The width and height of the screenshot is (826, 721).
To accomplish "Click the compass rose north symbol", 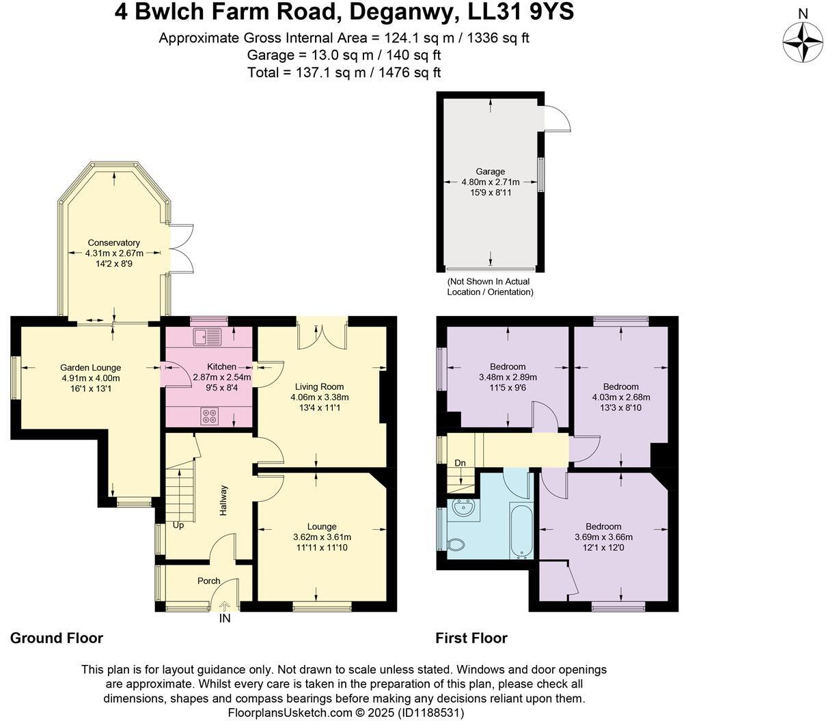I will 803,42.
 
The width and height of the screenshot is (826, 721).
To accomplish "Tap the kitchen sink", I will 208,336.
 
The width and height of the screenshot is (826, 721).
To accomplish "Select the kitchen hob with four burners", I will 209,416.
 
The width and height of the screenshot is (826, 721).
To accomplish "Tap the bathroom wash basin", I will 460,507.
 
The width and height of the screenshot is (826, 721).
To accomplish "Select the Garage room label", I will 491,171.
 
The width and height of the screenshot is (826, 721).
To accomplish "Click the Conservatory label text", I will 113,242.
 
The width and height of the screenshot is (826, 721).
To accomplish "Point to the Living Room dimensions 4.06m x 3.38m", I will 320,397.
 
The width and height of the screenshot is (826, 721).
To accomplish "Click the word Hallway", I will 223,500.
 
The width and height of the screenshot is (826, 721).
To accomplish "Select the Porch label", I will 208,581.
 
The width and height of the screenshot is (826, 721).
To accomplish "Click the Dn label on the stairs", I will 460,463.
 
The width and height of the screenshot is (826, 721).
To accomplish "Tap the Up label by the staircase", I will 178,525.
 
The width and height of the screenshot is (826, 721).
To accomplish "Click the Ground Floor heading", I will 57,638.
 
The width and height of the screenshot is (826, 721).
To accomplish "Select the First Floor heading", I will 471,638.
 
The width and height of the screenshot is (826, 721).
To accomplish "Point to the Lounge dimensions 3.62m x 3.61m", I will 322,537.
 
